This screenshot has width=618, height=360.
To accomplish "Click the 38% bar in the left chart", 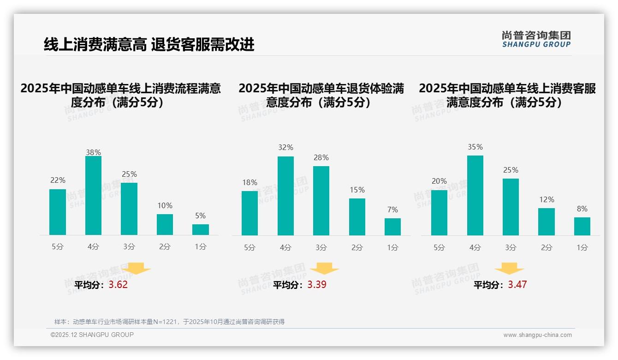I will tap(93, 196).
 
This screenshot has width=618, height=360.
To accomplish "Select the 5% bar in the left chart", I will tap(201, 229).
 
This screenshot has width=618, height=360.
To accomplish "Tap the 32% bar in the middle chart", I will tap(285, 196).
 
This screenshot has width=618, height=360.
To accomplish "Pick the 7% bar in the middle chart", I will tap(392, 227).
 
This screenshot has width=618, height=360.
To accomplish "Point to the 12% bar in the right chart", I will tap(547, 222).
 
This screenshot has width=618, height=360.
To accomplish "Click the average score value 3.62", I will tap(118, 285).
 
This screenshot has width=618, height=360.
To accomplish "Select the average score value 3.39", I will tap(317, 285).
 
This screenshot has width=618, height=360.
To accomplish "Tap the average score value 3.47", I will tap(517, 285).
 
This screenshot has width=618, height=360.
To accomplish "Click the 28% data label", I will tap(321, 158).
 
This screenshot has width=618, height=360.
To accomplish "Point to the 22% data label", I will tap(58, 180).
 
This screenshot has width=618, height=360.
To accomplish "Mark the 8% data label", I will tap(582, 209).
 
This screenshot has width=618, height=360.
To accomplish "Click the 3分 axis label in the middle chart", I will tap(321, 248).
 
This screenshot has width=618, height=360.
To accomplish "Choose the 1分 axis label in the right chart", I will tap(582, 248).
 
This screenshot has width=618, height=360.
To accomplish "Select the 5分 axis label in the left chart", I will tap(58, 247).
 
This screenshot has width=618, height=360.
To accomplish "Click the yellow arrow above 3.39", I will tap(325, 269).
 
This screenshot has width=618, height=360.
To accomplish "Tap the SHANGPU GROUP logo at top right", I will tap(536, 39).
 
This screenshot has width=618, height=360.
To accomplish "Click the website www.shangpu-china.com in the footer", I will tap(537, 335).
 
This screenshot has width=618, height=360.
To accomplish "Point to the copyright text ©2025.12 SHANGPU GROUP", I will tap(92, 335).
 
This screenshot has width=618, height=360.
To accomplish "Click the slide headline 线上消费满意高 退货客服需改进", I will tap(149, 45).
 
